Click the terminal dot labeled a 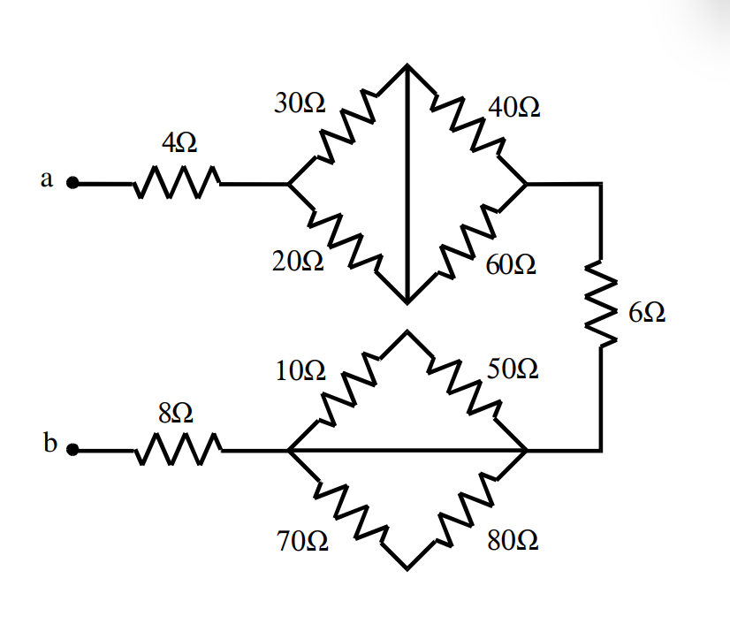click(x=74, y=185)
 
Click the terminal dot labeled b click(x=74, y=451)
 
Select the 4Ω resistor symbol click(x=177, y=184)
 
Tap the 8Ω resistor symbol click(x=177, y=450)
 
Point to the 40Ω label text click(x=514, y=109)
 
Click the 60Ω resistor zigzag click(x=467, y=243)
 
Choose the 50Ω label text click(x=511, y=369)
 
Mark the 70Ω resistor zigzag click(x=347, y=509)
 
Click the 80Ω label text click(x=513, y=540)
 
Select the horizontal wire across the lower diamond click(x=407, y=451)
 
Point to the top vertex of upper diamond click(x=407, y=65)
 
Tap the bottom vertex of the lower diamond click(x=407, y=567)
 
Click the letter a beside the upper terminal click(x=46, y=179)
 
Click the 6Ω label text click(x=647, y=312)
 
